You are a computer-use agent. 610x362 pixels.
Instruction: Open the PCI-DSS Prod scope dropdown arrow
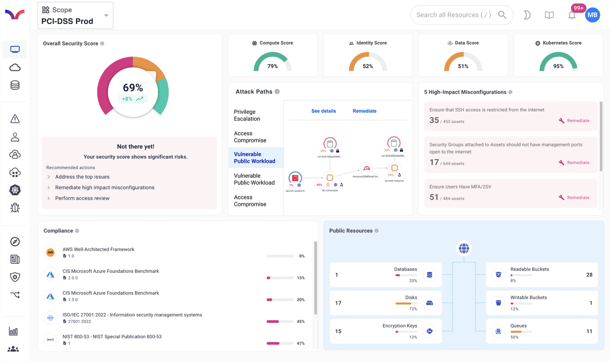[106, 16]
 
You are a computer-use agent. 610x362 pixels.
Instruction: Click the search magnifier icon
[502, 15]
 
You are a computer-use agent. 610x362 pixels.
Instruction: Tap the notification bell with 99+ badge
[572, 15]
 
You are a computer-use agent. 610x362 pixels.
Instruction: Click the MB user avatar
[592, 15]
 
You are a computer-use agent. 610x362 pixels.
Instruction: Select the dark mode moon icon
[527, 15]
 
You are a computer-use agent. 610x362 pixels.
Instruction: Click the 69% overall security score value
[133, 88]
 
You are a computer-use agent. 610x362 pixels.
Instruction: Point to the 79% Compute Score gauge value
[273, 66]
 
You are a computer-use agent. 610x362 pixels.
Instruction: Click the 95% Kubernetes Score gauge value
[558, 66]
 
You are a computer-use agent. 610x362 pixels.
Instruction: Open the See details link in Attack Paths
[323, 111]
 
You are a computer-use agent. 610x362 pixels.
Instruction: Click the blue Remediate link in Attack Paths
[364, 111]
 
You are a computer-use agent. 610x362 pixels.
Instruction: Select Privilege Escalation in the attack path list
[247, 115]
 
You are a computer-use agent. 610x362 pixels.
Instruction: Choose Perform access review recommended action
[82, 198]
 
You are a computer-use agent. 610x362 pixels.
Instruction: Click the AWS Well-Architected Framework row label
[98, 249]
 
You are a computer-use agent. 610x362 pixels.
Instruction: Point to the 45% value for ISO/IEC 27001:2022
[300, 322]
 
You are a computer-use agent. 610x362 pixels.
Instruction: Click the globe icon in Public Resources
[464, 248]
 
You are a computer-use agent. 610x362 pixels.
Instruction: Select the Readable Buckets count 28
[589, 275]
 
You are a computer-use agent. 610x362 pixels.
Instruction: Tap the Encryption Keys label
[400, 326]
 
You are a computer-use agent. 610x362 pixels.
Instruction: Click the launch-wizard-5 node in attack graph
[295, 178]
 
